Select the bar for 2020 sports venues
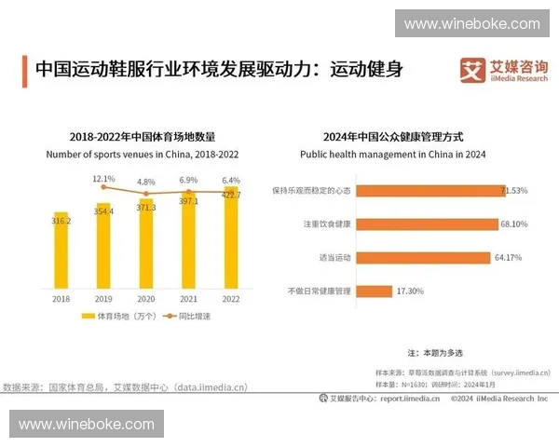tap(145, 245)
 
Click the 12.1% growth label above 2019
tap(103, 178)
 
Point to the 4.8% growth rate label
tap(145, 182)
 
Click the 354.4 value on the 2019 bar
tap(103, 211)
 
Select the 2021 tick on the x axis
tap(187, 299)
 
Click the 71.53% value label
tap(514, 190)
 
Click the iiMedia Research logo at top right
tap(504, 70)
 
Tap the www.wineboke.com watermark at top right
tap(471, 23)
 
